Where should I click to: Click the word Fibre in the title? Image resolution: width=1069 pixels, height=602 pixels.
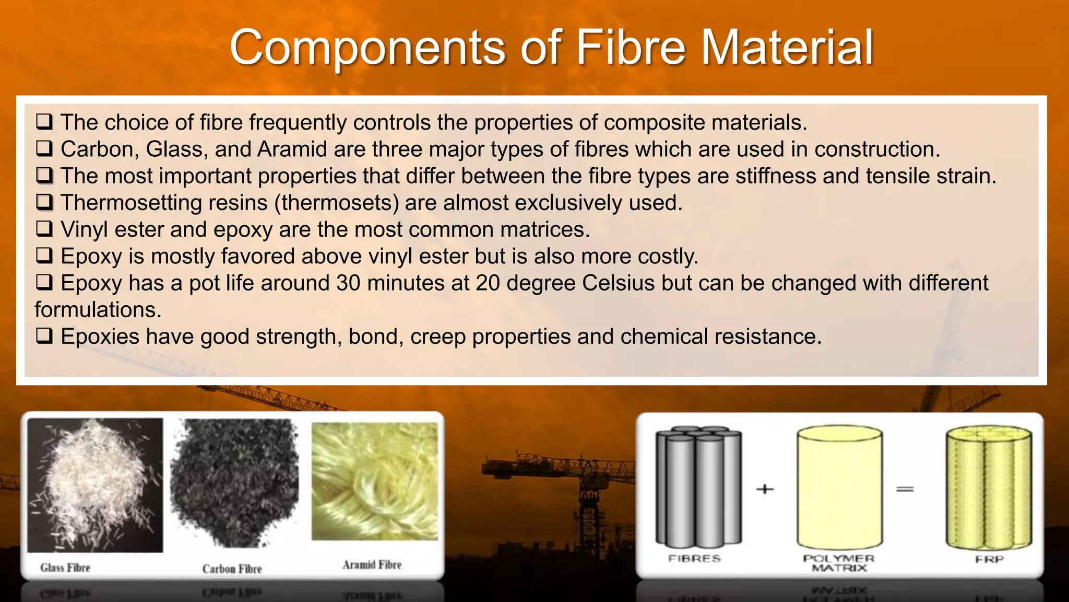coord(630,48)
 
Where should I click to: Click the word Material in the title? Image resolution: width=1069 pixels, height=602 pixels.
coord(787,48)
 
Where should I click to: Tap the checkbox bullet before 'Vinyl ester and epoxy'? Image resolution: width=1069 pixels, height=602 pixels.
coord(44,229)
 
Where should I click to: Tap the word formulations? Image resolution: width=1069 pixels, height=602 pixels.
coord(98,310)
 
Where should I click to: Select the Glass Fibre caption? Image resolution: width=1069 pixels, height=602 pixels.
coord(65,568)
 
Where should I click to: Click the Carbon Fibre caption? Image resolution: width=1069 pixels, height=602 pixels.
coord(232,569)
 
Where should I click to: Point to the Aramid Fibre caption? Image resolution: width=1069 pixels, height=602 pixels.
coord(372,565)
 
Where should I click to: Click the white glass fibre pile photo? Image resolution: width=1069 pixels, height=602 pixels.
coord(95,485)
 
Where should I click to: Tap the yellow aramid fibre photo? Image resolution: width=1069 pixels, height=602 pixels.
coord(374,481)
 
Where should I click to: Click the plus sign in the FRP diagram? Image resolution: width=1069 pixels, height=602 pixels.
coord(765,489)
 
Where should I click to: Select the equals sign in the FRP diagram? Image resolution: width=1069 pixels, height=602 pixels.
coord(905,489)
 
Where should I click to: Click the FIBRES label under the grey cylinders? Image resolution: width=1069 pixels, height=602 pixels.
coord(694,559)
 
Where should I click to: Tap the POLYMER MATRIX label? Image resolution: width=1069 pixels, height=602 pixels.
coord(838,563)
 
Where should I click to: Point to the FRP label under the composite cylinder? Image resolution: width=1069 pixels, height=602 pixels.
coord(989,559)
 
